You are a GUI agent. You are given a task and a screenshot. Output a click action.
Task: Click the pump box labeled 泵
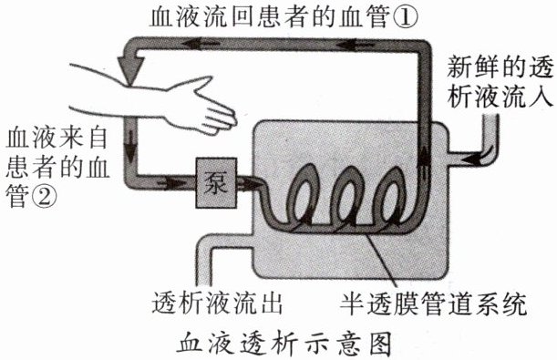coord(216,183)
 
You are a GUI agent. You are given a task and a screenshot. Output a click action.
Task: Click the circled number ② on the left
coord(44,197)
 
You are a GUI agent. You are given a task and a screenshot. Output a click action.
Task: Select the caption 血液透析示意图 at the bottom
coord(284,344)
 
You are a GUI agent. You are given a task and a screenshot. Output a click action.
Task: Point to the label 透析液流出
coord(217,303)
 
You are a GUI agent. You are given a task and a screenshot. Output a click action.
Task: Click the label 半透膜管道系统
coord(433,303)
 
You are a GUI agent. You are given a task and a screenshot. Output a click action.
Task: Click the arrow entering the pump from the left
coord(173,183)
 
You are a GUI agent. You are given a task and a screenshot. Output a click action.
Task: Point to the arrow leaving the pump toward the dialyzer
coord(250,183)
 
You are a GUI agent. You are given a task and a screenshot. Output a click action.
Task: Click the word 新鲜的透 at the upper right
coord(500,67)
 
